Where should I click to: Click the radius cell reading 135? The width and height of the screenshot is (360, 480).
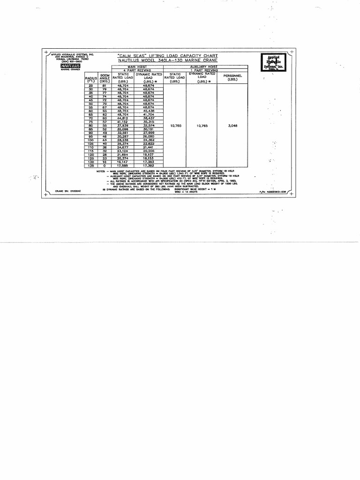coord(91,165)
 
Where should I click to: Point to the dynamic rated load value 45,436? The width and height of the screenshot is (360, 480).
coord(149,111)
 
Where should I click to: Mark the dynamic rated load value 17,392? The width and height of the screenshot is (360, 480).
coord(149,165)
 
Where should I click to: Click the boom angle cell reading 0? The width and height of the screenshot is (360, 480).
coord(105,165)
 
